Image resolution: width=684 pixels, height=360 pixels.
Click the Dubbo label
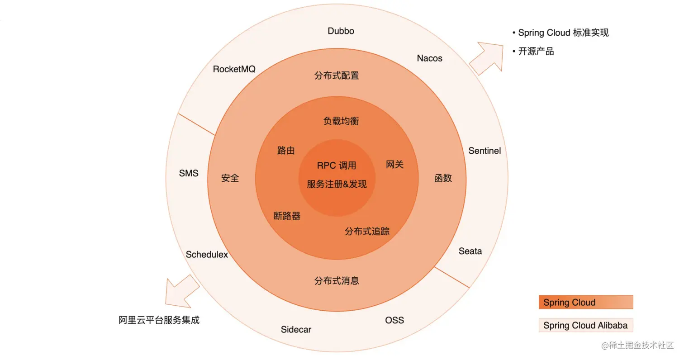coord(341,31)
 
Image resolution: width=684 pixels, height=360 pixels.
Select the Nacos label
coord(429,58)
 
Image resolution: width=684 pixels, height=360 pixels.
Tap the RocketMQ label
coord(234,69)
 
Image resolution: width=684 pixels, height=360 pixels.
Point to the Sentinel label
coord(484,151)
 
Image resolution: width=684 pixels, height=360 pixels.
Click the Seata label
coord(470,251)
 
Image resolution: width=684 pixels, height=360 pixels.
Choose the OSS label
coord(394,320)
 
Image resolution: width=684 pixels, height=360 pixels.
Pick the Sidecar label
coord(296,329)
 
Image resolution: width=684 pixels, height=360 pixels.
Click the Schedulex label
coord(207,255)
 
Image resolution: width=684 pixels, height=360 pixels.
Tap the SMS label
coord(189,173)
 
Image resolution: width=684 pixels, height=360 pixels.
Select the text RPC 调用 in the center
coord(337,166)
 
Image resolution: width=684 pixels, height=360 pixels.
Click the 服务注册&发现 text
coord(337,184)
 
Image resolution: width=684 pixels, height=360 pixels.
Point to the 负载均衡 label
coord(341,121)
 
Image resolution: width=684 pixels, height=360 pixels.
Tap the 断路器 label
coord(287,216)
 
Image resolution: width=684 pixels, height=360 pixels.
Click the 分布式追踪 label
coord(367,232)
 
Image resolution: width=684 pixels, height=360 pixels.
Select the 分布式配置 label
coord(337,76)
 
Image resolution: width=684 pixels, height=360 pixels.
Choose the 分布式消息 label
coord(337,281)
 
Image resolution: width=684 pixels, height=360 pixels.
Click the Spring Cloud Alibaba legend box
coord(585,325)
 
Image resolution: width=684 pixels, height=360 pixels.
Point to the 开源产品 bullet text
coord(536,51)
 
